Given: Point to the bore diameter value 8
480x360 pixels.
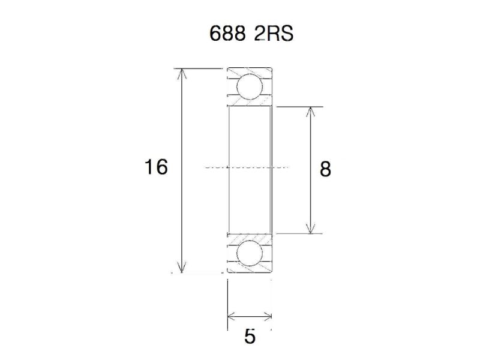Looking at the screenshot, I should (x=325, y=170).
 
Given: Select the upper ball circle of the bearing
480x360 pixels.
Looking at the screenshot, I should (x=250, y=86).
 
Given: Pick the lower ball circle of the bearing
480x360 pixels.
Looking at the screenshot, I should (x=250, y=254).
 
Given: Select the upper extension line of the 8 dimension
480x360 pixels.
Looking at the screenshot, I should (x=300, y=107).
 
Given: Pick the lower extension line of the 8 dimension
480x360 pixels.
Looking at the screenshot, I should (x=300, y=233).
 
